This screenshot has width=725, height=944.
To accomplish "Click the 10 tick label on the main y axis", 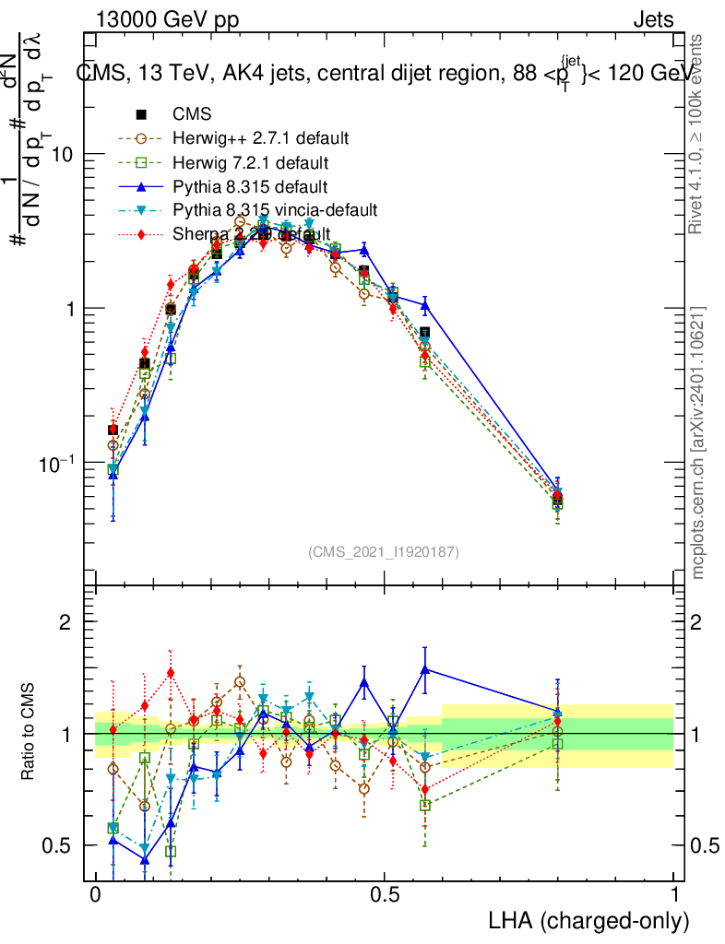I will click(64, 155).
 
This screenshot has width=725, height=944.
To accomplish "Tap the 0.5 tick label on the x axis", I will click(385, 895).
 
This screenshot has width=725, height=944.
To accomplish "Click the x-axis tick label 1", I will click(674, 895).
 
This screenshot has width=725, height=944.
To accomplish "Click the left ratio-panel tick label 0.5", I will click(57, 845).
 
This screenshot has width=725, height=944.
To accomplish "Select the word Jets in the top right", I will click(653, 19).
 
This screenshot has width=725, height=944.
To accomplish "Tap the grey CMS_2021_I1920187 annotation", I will click(384, 551).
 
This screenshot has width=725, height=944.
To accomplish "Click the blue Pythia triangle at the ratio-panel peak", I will click(424, 669).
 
